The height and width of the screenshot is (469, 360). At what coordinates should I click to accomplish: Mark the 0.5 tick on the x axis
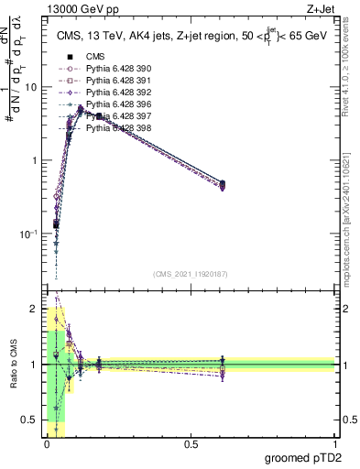coord(191,442)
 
